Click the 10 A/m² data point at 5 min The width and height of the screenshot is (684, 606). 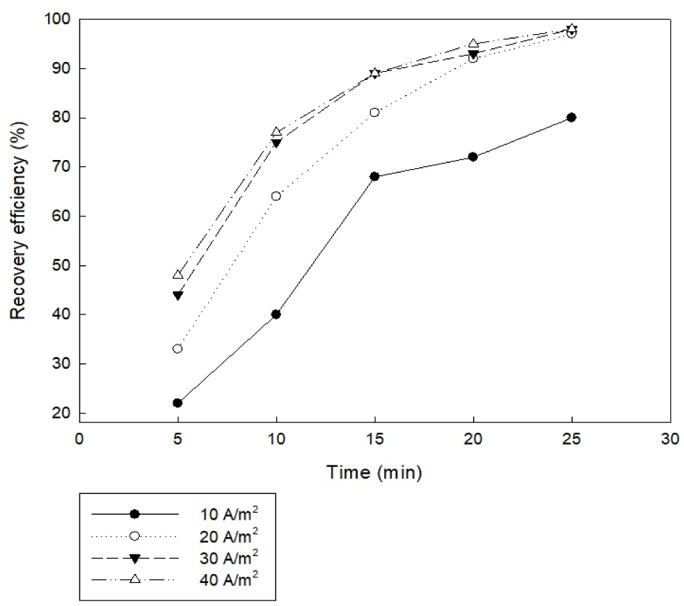[x=177, y=403]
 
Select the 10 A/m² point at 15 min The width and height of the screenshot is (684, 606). [x=374, y=177]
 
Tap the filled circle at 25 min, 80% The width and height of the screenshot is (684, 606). [x=571, y=118]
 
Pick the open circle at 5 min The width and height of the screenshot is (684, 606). [x=177, y=349]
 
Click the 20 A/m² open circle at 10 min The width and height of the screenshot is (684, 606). [x=276, y=196]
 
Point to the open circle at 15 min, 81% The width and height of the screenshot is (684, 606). [x=374, y=112]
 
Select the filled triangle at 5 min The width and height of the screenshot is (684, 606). [x=177, y=295]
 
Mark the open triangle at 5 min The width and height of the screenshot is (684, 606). [x=177, y=275]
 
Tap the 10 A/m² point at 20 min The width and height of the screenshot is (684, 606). [x=473, y=157]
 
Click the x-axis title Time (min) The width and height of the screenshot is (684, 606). [x=374, y=474]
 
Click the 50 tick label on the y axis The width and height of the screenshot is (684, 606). [x=61, y=266]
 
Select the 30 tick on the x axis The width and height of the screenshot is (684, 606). [x=669, y=440]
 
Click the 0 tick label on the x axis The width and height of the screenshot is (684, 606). [x=79, y=440]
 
